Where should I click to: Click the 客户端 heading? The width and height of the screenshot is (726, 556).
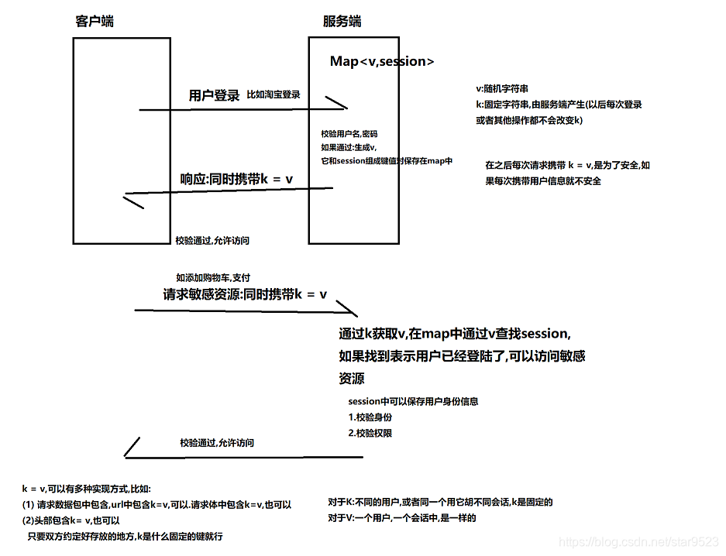(x=95, y=21)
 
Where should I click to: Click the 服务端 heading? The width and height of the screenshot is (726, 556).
(x=342, y=21)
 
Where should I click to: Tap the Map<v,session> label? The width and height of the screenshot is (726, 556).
(x=382, y=62)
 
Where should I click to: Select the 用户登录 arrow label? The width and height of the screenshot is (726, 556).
(x=215, y=96)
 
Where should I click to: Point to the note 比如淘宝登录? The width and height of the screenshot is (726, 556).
(x=273, y=94)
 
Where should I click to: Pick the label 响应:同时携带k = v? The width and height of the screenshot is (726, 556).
(x=237, y=179)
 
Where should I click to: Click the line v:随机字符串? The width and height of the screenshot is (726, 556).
(x=502, y=90)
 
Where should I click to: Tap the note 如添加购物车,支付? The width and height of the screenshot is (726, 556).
(x=212, y=277)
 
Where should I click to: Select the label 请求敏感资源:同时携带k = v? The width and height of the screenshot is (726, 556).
(x=245, y=295)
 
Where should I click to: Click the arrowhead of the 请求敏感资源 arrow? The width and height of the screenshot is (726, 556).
(x=353, y=312)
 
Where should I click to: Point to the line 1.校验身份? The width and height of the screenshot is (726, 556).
(x=370, y=417)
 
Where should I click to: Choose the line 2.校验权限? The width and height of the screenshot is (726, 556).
(x=370, y=433)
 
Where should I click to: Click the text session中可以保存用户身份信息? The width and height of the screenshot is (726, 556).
(x=413, y=402)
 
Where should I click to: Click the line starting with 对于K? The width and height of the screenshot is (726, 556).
(x=440, y=503)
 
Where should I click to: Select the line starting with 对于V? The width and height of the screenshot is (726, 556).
(x=401, y=518)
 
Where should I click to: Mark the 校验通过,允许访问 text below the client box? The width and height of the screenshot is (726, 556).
(x=212, y=241)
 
